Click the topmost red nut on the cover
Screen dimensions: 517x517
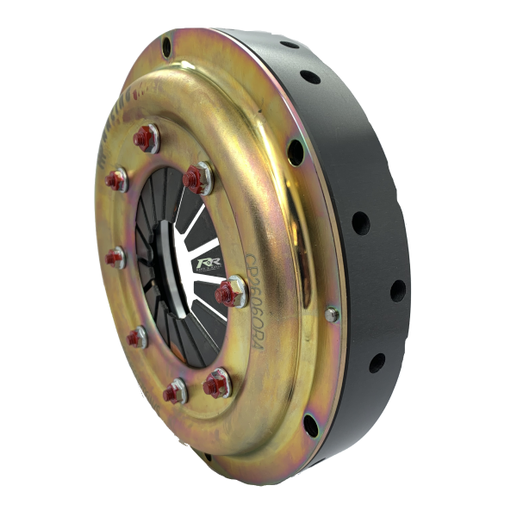point(146,135)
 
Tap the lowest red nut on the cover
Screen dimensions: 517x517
point(175,392)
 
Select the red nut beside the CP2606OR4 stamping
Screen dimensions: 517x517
point(231,293)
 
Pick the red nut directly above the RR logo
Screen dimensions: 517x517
point(195,177)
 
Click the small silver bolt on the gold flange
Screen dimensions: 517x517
point(332,315)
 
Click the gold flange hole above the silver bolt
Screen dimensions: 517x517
point(296,153)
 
